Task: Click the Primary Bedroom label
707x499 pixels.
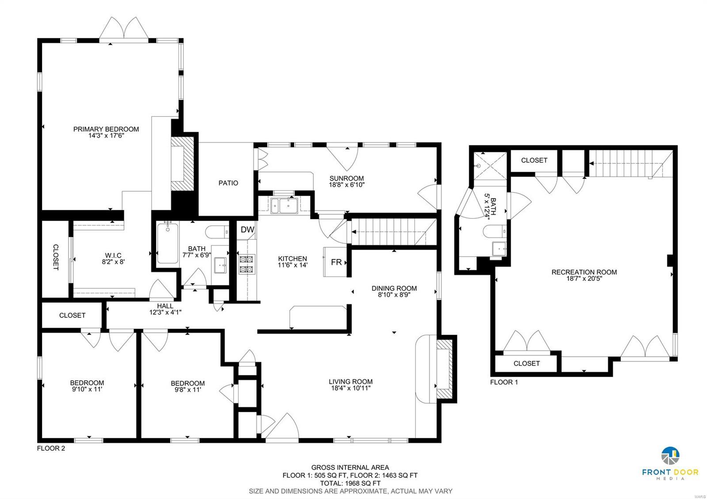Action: pyautogui.click(x=106, y=129)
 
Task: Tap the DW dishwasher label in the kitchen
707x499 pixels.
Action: pyautogui.click(x=247, y=230)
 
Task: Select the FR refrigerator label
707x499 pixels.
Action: pyautogui.click(x=336, y=262)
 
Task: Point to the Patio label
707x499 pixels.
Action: pyautogui.click(x=228, y=183)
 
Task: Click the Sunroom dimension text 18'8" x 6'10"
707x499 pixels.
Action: pyautogui.click(x=346, y=185)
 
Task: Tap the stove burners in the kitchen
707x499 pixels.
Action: pyautogui.click(x=247, y=265)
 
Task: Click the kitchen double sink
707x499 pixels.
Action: pyautogui.click(x=284, y=206)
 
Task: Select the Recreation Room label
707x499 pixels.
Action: pyautogui.click(x=584, y=272)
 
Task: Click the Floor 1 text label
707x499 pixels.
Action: pyautogui.click(x=504, y=382)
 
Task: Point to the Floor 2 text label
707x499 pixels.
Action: pyautogui.click(x=51, y=448)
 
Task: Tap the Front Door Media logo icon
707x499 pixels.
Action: pyautogui.click(x=670, y=456)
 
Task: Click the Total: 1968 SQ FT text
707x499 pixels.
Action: pyautogui.click(x=350, y=483)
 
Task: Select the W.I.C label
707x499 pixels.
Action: pyautogui.click(x=113, y=256)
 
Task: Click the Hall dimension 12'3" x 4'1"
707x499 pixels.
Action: pyautogui.click(x=165, y=313)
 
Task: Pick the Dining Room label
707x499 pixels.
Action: pyautogui.click(x=394, y=288)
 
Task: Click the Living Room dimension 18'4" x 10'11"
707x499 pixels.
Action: pyautogui.click(x=351, y=388)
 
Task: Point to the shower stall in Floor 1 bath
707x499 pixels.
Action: pyautogui.click(x=490, y=166)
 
